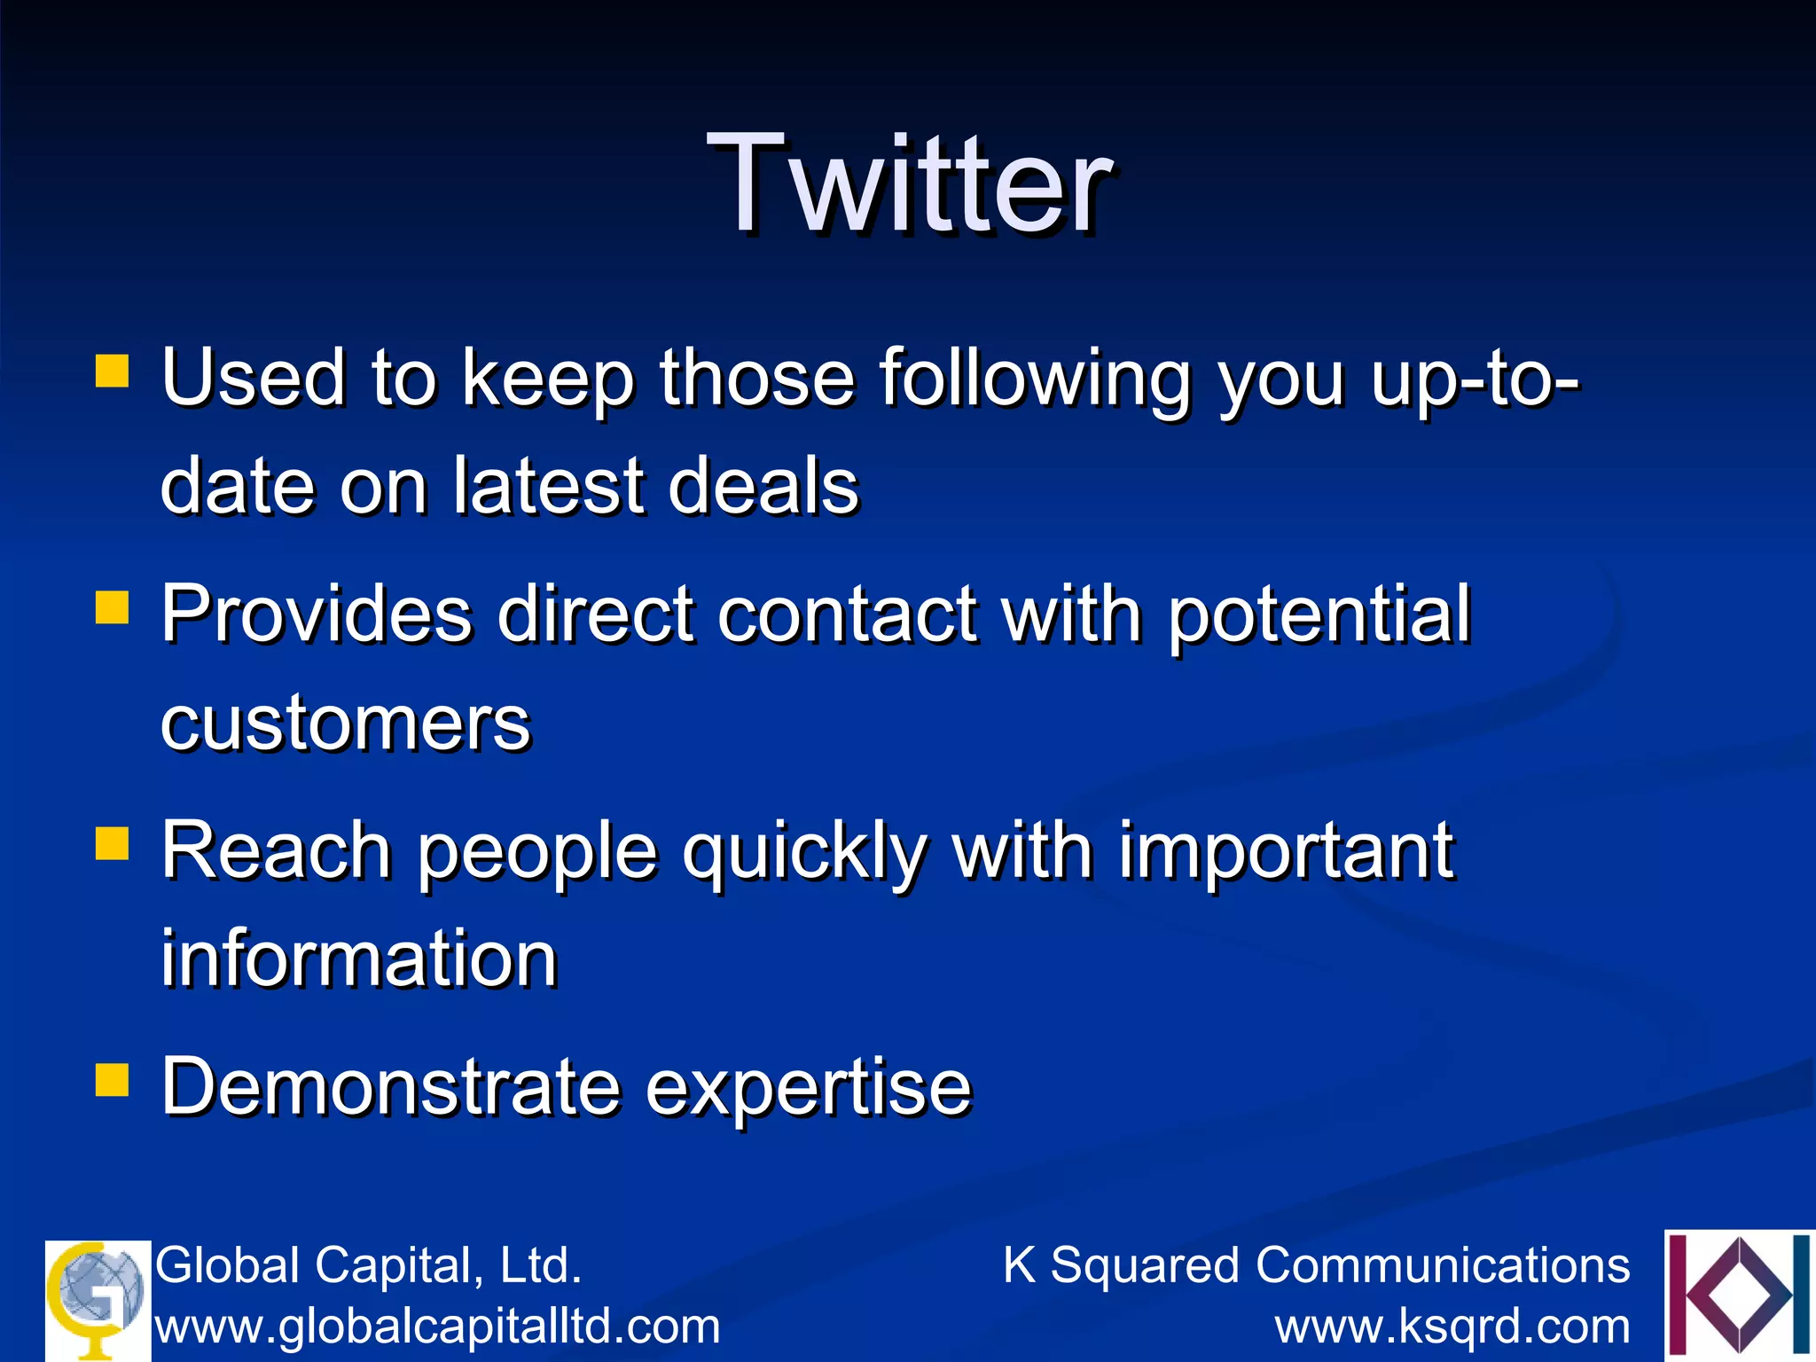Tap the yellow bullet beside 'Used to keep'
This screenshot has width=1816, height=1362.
113,372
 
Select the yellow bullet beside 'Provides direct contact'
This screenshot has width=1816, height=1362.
113,608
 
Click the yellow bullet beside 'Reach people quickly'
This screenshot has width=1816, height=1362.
113,844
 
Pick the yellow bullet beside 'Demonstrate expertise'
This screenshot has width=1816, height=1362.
113,1080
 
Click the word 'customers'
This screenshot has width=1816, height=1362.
345,723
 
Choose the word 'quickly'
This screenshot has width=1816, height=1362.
803,851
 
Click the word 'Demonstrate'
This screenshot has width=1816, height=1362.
390,1087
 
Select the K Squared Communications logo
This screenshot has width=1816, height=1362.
1738,1295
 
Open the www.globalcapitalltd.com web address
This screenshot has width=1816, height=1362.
437,1327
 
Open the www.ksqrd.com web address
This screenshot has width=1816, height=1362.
1452,1327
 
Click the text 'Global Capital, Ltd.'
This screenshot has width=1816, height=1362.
368,1264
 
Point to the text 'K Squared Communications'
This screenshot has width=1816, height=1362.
1316,1264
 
